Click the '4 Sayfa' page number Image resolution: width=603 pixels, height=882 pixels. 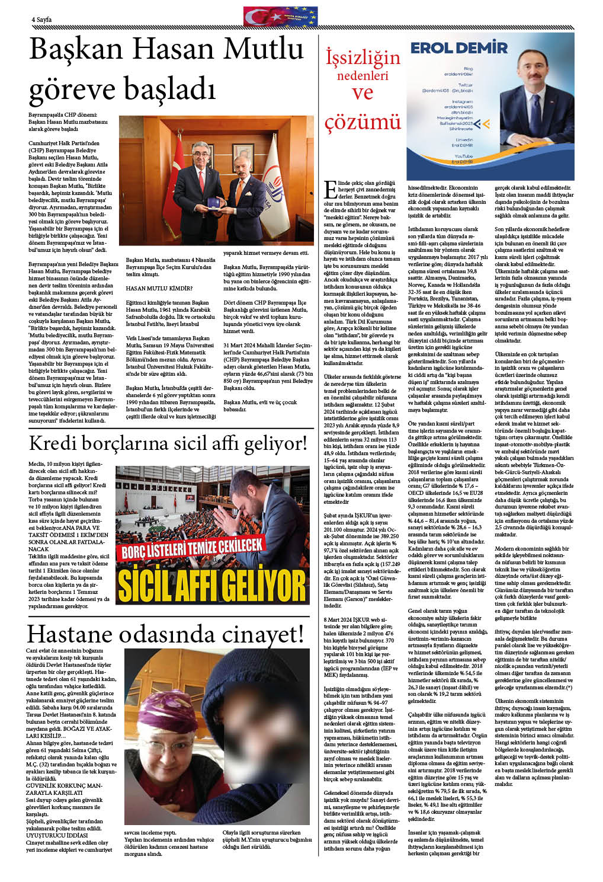(x=41, y=20)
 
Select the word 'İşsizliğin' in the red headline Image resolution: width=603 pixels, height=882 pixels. (x=363, y=58)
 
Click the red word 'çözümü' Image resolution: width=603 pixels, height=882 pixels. (x=363, y=122)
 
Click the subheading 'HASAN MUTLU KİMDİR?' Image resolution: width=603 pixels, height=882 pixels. (x=159, y=289)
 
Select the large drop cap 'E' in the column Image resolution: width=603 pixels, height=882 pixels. (x=330, y=189)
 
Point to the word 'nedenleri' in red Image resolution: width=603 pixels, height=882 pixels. (x=363, y=76)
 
